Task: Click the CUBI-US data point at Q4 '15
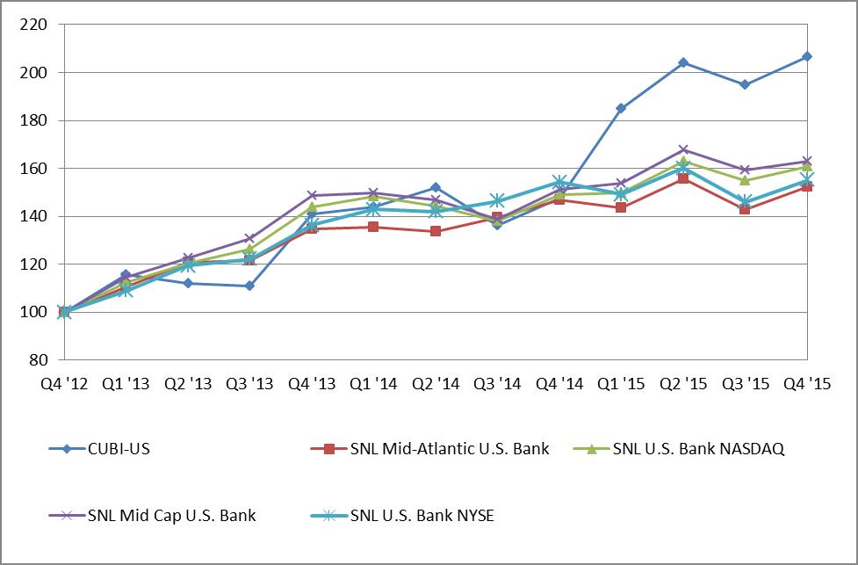(x=806, y=56)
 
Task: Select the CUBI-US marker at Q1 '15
(x=621, y=108)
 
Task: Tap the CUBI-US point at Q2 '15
(x=682, y=62)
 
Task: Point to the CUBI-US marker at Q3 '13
(x=249, y=286)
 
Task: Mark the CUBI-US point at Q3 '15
(x=745, y=84)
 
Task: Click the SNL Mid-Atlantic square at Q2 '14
(x=436, y=231)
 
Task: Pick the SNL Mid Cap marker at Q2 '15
(x=682, y=149)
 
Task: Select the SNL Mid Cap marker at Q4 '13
(x=312, y=195)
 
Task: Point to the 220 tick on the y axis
(x=31, y=25)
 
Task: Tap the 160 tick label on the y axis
(x=31, y=169)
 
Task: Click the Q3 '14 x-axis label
(x=497, y=384)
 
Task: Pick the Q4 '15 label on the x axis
(x=806, y=384)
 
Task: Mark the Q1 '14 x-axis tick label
(x=373, y=384)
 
